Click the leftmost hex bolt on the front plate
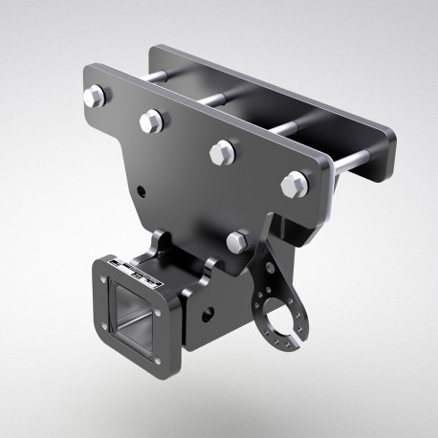pos(95,97)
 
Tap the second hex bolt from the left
pos(151,120)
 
